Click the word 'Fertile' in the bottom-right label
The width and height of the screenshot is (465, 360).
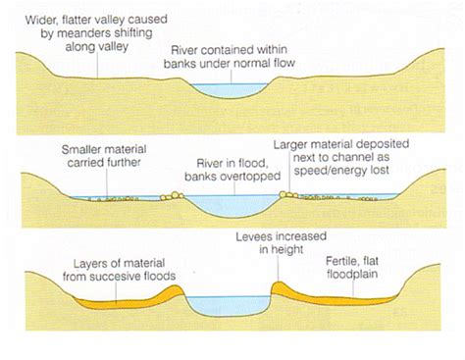click(344, 263)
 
